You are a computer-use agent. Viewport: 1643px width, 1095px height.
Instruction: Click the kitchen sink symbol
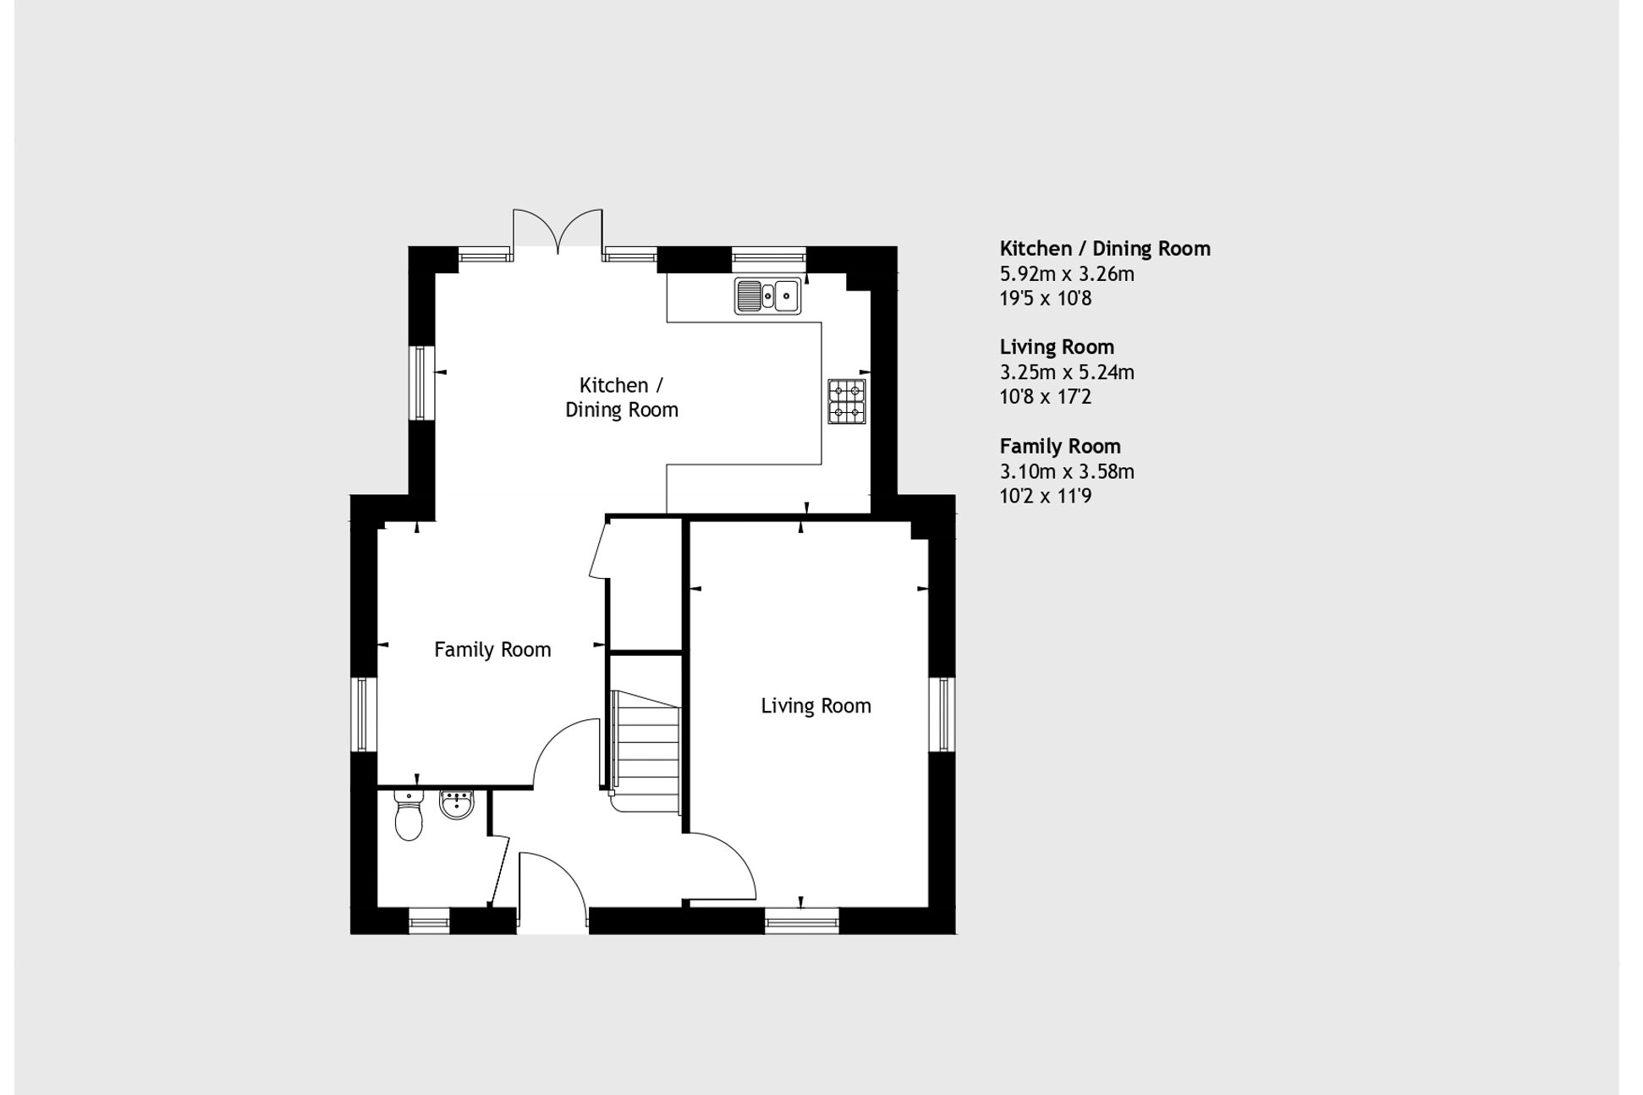(767, 296)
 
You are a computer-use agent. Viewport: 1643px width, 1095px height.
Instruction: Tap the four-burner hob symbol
(847, 402)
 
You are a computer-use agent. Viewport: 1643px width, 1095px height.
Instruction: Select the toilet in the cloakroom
(409, 815)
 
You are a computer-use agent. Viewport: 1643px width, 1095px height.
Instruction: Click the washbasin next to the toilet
(457, 804)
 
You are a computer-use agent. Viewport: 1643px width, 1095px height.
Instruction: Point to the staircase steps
(648, 750)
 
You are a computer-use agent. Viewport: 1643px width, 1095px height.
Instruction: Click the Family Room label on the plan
(492, 650)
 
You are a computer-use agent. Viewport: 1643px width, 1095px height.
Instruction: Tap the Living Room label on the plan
(816, 706)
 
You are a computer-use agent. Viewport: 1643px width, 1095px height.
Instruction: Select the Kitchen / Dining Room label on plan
(622, 398)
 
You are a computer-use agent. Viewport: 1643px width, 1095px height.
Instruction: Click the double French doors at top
(558, 230)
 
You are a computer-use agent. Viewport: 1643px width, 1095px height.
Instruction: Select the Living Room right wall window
(942, 714)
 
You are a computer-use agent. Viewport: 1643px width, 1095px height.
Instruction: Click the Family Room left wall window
(363, 714)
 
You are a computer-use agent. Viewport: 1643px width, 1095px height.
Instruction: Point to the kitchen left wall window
(421, 382)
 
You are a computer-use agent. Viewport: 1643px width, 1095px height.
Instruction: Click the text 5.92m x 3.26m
(1067, 274)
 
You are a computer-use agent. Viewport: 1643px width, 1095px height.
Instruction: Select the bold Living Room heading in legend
(1057, 347)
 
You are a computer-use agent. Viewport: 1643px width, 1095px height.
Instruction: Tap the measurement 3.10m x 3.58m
(1067, 472)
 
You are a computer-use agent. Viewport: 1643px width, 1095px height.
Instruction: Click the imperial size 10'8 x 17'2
(1045, 397)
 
